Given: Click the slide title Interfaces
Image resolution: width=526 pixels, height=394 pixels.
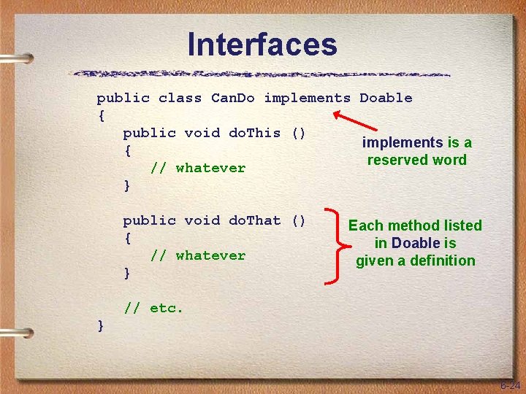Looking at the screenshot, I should (262, 45).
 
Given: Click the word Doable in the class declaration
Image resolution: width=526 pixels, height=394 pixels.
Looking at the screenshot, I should (386, 98).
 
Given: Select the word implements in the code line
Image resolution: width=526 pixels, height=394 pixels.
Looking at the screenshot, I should (307, 98).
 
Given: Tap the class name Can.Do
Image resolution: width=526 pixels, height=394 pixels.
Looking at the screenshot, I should (232, 98).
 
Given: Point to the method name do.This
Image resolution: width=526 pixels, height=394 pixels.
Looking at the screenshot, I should (254, 133).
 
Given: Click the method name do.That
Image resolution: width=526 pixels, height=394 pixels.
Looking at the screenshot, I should (254, 220).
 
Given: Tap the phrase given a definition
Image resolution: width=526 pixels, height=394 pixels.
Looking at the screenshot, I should (415, 260).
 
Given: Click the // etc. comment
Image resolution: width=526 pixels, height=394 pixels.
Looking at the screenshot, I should (153, 308).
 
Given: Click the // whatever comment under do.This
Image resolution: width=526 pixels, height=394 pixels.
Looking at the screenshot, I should (197, 168).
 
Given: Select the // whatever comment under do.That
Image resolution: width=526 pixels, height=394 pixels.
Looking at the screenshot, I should (197, 255).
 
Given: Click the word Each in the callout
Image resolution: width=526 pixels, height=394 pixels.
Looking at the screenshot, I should (365, 226).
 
